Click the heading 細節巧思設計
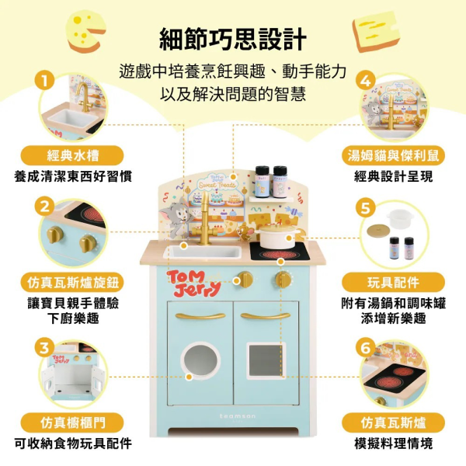point(233,38)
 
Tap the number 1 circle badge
point(45,80)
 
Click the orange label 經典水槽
point(72,155)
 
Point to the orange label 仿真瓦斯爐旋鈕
point(72,281)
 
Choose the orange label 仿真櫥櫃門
point(72,423)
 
